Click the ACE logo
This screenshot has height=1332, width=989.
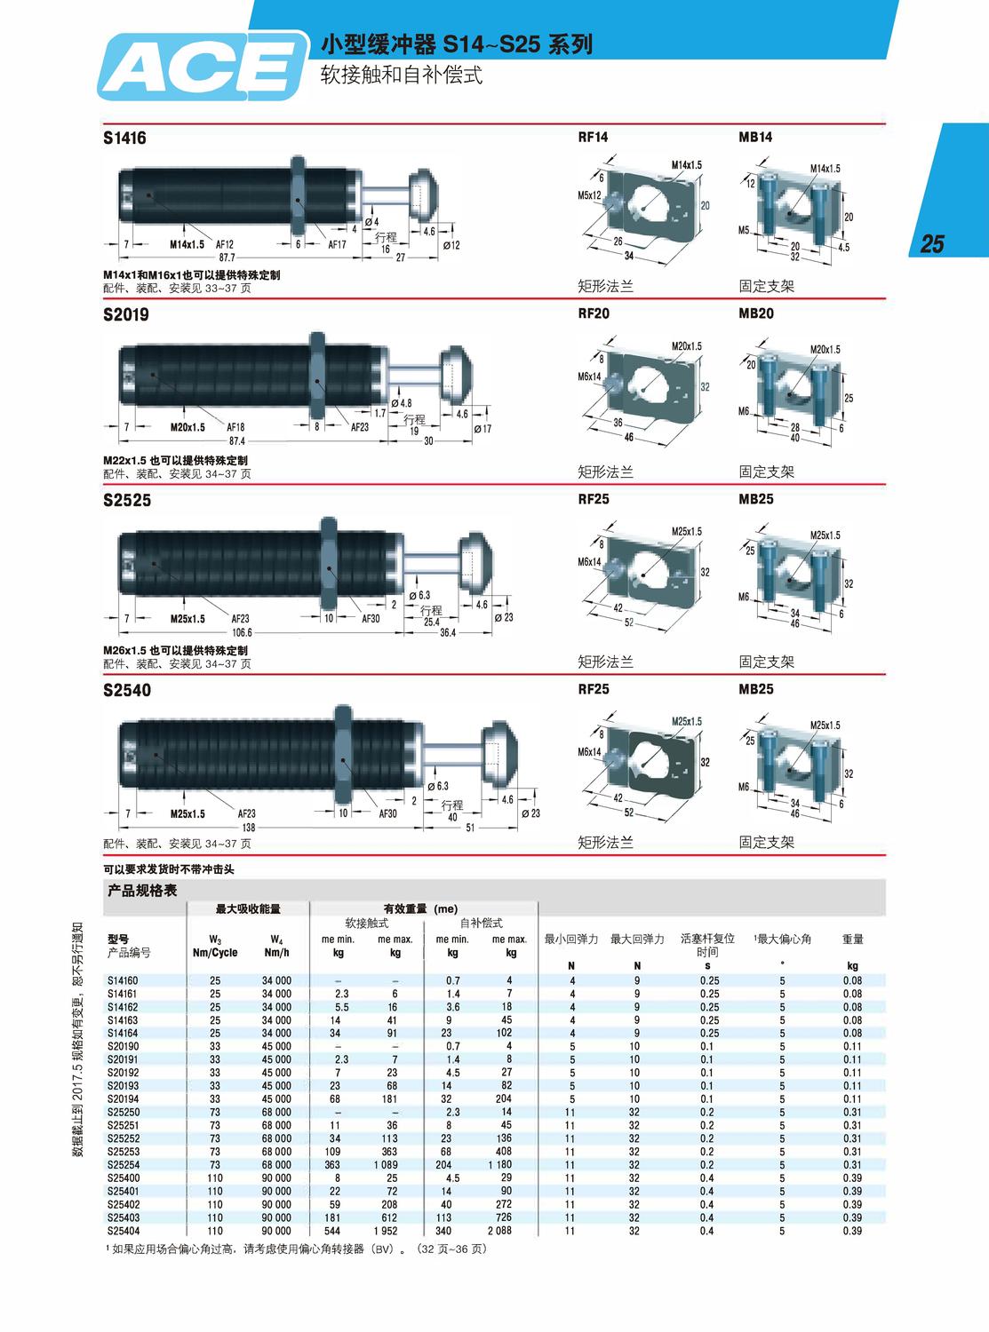(203, 67)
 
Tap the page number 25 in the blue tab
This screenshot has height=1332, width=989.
(932, 243)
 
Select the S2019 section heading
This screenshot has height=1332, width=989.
(125, 314)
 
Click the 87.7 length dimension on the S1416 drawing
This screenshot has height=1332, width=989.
(227, 257)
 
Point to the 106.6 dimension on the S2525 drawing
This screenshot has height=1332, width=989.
(243, 632)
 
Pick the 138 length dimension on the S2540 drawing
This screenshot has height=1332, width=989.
(248, 827)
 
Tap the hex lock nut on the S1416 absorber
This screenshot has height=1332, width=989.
(299, 196)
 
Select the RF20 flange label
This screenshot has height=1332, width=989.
(594, 313)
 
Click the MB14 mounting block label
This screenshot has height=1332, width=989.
(755, 137)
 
